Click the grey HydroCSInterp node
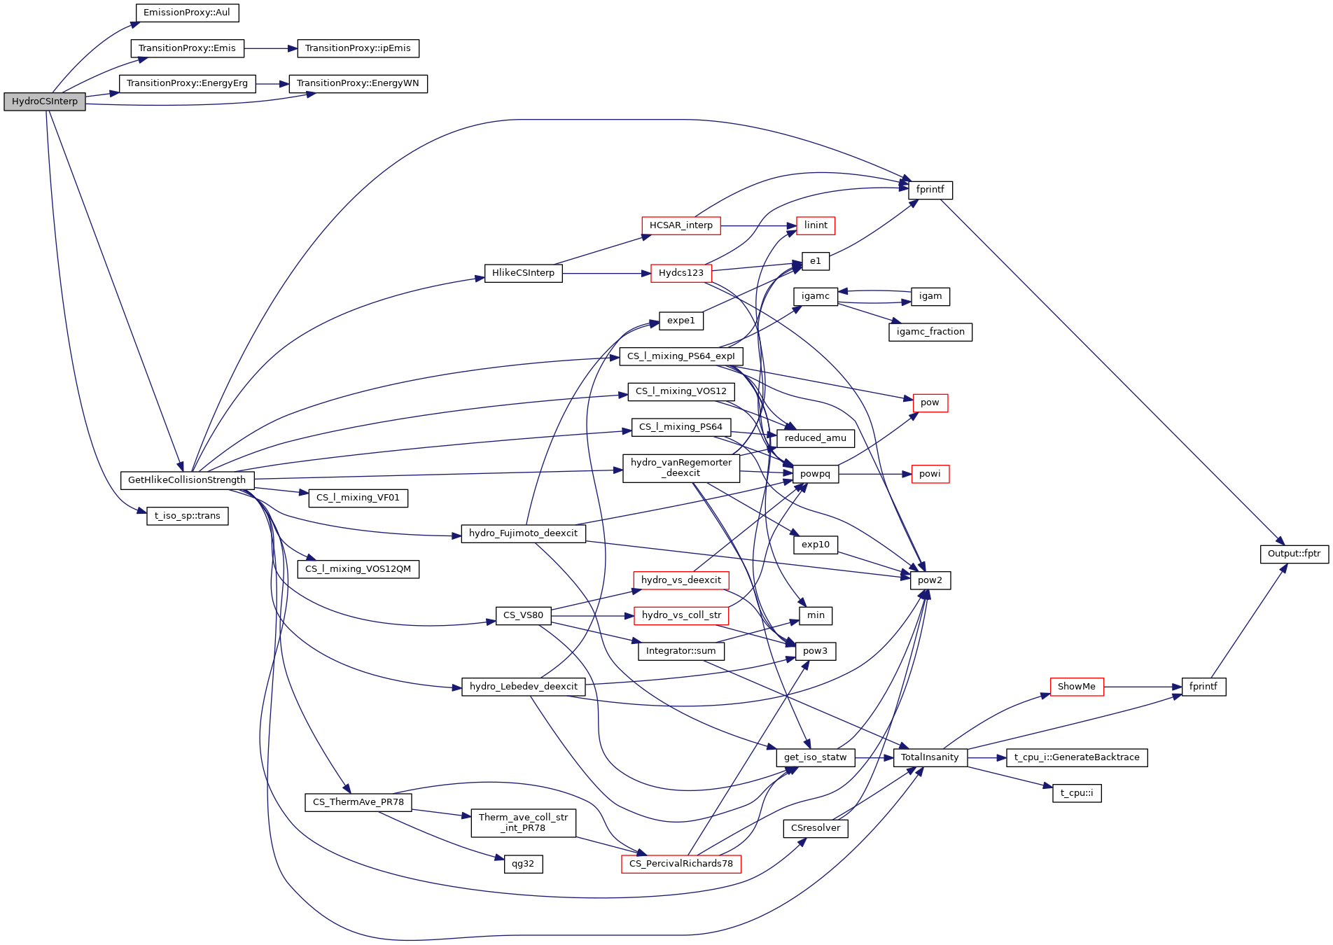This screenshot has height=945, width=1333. pyautogui.click(x=45, y=101)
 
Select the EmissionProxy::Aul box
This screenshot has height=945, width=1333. pyautogui.click(x=187, y=13)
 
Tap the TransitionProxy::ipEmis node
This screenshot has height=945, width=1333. pyautogui.click(x=358, y=48)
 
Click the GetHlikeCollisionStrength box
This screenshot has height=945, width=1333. pyautogui.click(x=187, y=480)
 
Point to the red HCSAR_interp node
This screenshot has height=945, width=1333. pyautogui.click(x=681, y=225)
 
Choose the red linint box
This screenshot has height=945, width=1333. pyautogui.click(x=816, y=225)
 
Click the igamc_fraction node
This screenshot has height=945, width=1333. pyautogui.click(x=930, y=332)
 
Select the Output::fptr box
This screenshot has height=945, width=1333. pyautogui.click(x=1294, y=554)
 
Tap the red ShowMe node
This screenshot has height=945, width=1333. pyautogui.click(x=1077, y=687)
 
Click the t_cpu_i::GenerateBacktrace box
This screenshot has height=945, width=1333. pyautogui.click(x=1077, y=757)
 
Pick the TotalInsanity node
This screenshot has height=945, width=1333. pyautogui.click(x=930, y=757)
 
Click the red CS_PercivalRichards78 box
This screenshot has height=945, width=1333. pyautogui.click(x=681, y=864)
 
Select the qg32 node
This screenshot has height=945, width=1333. pyautogui.click(x=523, y=864)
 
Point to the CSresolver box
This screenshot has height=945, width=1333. pyautogui.click(x=816, y=828)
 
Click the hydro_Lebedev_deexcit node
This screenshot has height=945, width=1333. pyautogui.click(x=523, y=687)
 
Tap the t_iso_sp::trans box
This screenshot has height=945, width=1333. pyautogui.click(x=187, y=516)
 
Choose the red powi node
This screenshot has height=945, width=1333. pyautogui.click(x=930, y=474)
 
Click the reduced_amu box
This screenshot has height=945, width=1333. pyautogui.click(x=816, y=438)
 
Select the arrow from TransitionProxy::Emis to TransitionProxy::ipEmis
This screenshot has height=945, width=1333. pyautogui.click(x=271, y=48)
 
